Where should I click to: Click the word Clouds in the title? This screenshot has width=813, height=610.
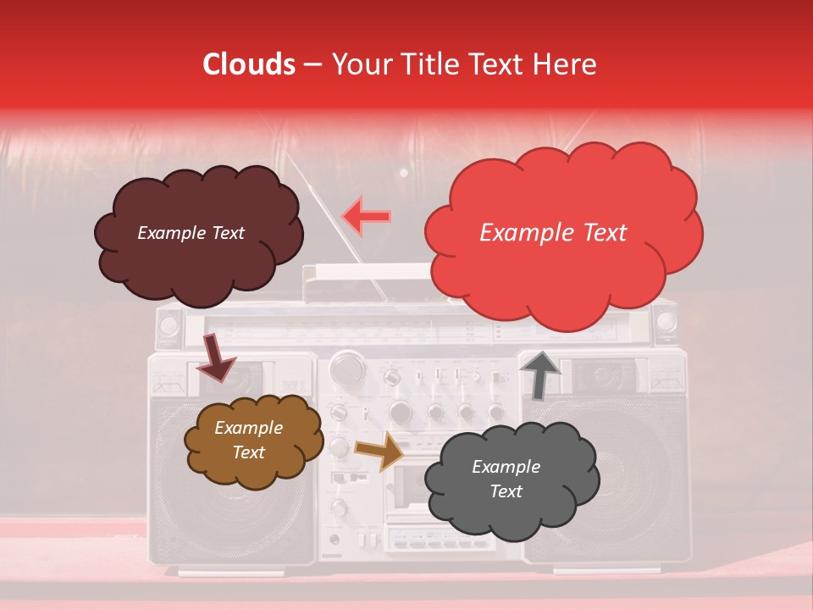(x=249, y=64)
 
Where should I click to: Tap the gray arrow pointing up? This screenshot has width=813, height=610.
(x=540, y=374)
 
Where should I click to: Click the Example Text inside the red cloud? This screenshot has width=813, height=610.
(x=553, y=233)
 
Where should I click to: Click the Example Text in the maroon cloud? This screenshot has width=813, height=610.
(x=191, y=233)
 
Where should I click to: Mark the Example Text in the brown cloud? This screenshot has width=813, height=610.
(x=248, y=441)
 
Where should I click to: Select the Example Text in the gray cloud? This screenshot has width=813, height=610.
(x=506, y=480)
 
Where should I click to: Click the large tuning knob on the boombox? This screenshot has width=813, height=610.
(x=346, y=368)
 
